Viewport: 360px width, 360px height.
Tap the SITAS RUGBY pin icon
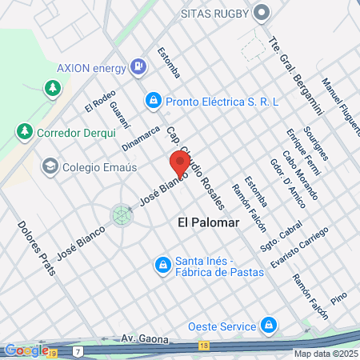tap(262, 14)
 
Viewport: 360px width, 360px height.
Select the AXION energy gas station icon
tap(140, 65)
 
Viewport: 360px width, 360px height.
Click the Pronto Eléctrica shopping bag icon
tap(153, 102)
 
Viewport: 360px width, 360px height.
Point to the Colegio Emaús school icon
tap(50, 166)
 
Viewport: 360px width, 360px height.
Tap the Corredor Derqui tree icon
tap(25, 131)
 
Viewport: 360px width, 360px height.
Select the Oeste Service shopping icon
tap(269, 326)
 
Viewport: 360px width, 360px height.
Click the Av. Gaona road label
tap(142, 338)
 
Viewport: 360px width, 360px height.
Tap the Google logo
tap(26, 350)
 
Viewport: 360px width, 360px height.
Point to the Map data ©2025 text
tap(325, 354)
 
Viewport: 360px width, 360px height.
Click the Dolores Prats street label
tap(37, 247)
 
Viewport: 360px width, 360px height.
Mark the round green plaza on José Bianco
tap(122, 214)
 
